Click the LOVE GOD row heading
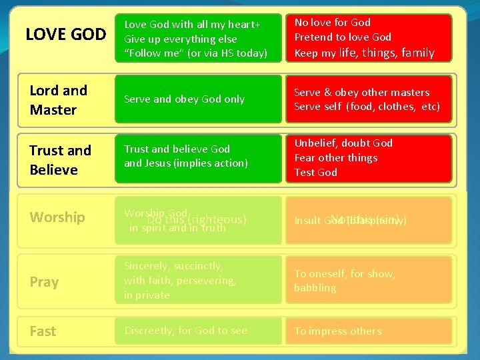pyautogui.click(x=65, y=34)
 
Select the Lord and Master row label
pyautogui.click(x=59, y=100)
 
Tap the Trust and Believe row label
pyautogui.click(x=60, y=160)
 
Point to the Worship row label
pyautogui.click(x=57, y=217)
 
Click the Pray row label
pyautogui.click(x=44, y=282)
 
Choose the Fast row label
pyautogui.click(x=43, y=331)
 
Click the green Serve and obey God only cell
pyautogui.click(x=198, y=99)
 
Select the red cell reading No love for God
pyautogui.click(x=369, y=37)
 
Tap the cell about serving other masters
pyautogui.click(x=369, y=99)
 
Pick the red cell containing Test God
pyautogui.click(x=369, y=158)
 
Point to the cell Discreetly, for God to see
pyautogui.click(x=198, y=331)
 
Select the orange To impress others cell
pyautogui.click(x=369, y=331)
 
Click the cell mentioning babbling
pyautogui.click(x=369, y=281)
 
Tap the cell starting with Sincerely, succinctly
pyautogui.click(x=198, y=280)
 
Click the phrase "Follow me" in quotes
pyautogui.click(x=157, y=53)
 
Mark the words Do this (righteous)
pyautogui.click(x=197, y=219)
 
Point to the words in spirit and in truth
pyautogui.click(x=177, y=228)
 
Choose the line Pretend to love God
pyautogui.click(x=343, y=37)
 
